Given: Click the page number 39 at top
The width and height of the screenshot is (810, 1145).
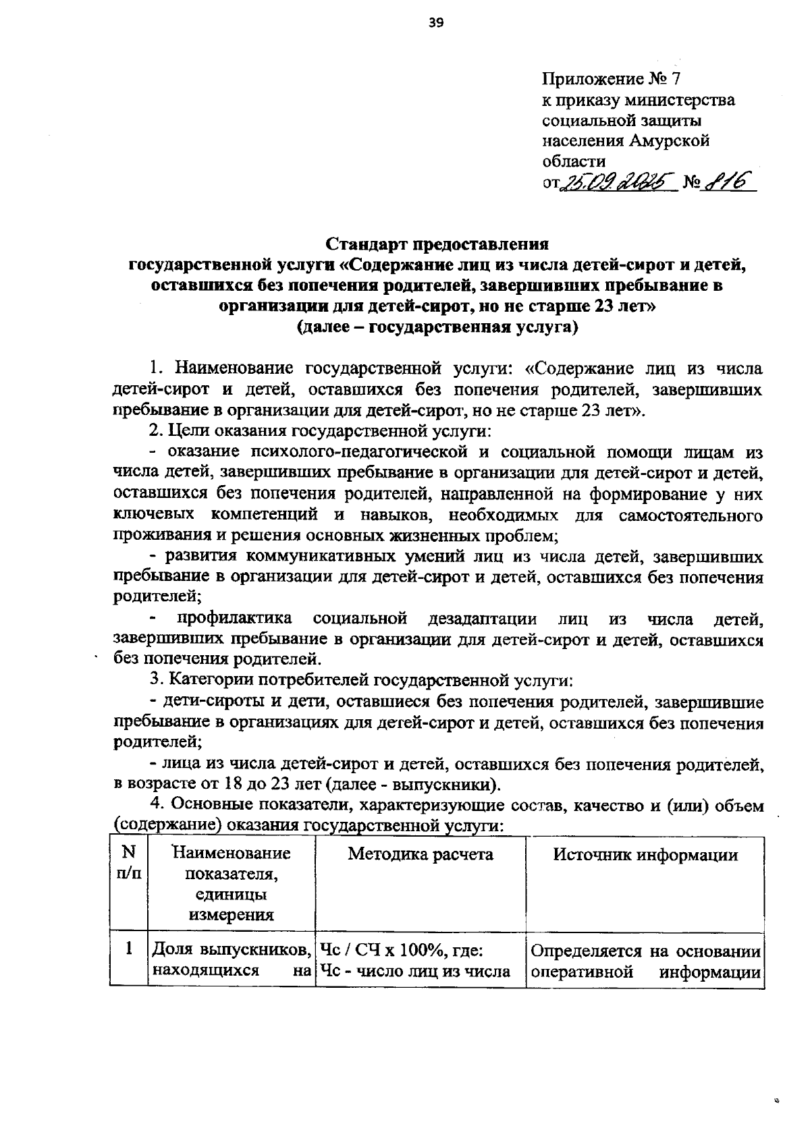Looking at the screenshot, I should (435, 24).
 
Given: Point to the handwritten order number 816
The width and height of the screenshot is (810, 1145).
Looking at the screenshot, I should (730, 181).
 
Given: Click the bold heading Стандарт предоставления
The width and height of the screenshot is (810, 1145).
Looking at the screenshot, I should (438, 243).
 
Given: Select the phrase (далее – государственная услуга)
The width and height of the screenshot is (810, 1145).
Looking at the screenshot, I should (438, 327).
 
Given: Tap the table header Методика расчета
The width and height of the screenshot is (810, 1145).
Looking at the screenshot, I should (420, 854).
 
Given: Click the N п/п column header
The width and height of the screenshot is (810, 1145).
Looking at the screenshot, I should (128, 863).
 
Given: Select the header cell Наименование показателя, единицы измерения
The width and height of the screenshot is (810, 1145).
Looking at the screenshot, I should (231, 884).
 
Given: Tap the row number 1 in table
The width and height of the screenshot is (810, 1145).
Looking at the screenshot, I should (128, 949).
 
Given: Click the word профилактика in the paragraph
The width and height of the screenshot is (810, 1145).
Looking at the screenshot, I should (234, 618).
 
